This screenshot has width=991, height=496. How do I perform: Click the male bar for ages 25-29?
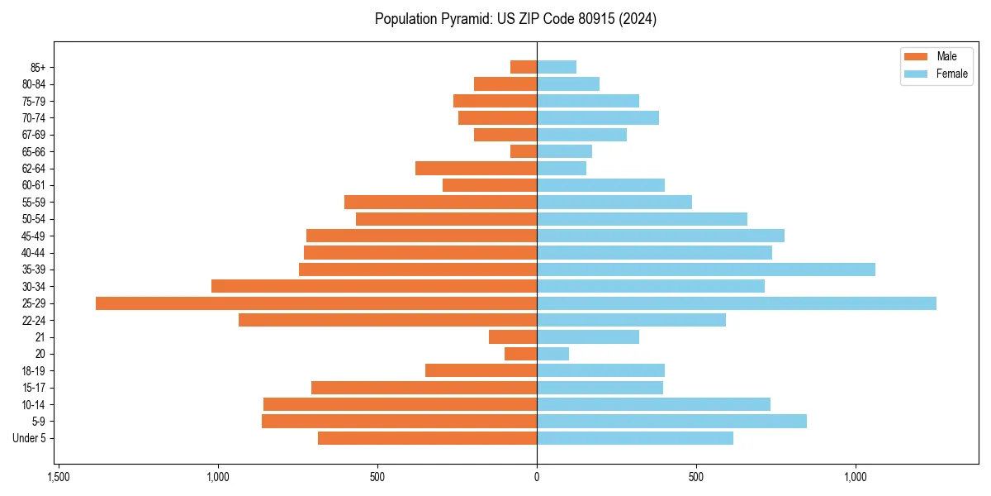click(316, 303)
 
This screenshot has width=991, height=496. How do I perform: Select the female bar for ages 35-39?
click(706, 269)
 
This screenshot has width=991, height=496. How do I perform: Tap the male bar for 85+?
click(524, 67)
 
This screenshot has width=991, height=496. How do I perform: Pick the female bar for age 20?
click(553, 354)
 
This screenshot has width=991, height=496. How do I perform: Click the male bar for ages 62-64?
click(476, 169)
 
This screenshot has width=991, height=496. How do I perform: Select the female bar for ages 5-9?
click(671, 422)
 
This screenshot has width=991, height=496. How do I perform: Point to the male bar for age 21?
click(513, 337)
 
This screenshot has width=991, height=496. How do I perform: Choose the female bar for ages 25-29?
click(737, 303)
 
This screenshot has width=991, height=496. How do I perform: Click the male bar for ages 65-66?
click(524, 151)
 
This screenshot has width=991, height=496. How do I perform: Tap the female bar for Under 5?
click(635, 438)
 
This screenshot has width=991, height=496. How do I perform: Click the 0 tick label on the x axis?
click(537, 477)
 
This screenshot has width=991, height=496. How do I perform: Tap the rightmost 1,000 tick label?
click(856, 477)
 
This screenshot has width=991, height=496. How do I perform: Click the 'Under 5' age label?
click(29, 438)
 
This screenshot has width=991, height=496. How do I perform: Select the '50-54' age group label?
click(34, 219)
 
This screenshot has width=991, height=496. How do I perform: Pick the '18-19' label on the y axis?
click(34, 371)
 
